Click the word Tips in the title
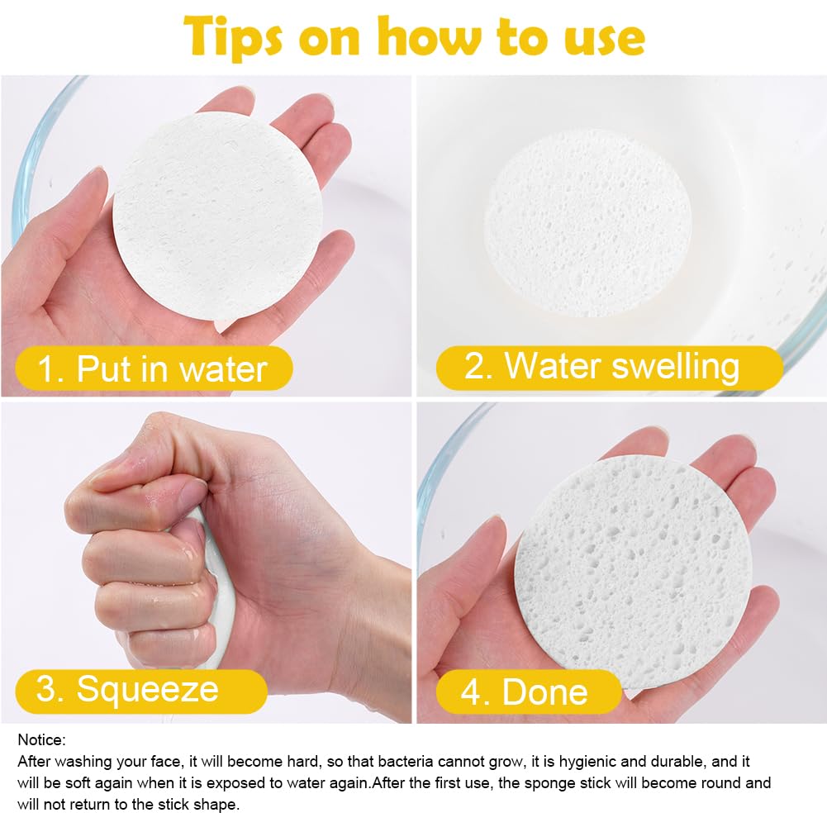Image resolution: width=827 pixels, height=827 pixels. [233, 37]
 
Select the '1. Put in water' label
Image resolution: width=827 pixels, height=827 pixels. [154, 368]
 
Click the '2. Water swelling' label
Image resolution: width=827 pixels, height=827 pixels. [609, 368]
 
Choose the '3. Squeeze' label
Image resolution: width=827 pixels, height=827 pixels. [141, 691]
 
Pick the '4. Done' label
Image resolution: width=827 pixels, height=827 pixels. [529, 692]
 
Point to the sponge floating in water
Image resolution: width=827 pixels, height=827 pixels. [587, 223]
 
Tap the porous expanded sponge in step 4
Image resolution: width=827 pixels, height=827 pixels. [633, 573]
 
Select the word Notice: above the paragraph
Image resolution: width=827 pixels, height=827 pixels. [41, 739]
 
